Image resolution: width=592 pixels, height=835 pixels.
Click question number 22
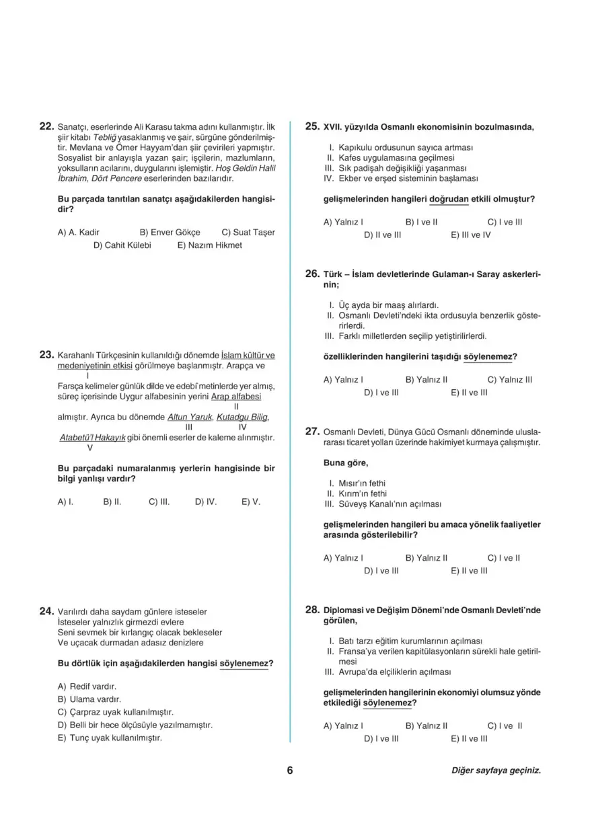tap(46, 126)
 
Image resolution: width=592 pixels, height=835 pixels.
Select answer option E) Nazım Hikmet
tap(209, 245)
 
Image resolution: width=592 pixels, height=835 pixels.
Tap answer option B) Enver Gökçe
tap(170, 233)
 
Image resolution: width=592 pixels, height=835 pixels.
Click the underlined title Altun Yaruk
tap(190, 417)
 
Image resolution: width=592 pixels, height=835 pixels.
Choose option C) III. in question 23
tap(159, 502)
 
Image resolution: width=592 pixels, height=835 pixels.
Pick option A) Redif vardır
tap(87, 686)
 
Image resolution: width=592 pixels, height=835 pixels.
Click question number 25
tap(312, 126)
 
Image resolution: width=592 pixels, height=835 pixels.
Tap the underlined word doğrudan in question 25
tap(449, 200)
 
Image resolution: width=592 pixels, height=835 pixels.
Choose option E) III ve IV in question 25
tap(470, 235)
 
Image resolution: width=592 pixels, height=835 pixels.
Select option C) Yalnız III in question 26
tap(509, 379)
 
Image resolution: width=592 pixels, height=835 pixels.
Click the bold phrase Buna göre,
tap(346, 463)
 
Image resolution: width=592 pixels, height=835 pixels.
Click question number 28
tap(312, 610)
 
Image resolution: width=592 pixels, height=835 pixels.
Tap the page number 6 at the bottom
tap(290, 770)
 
